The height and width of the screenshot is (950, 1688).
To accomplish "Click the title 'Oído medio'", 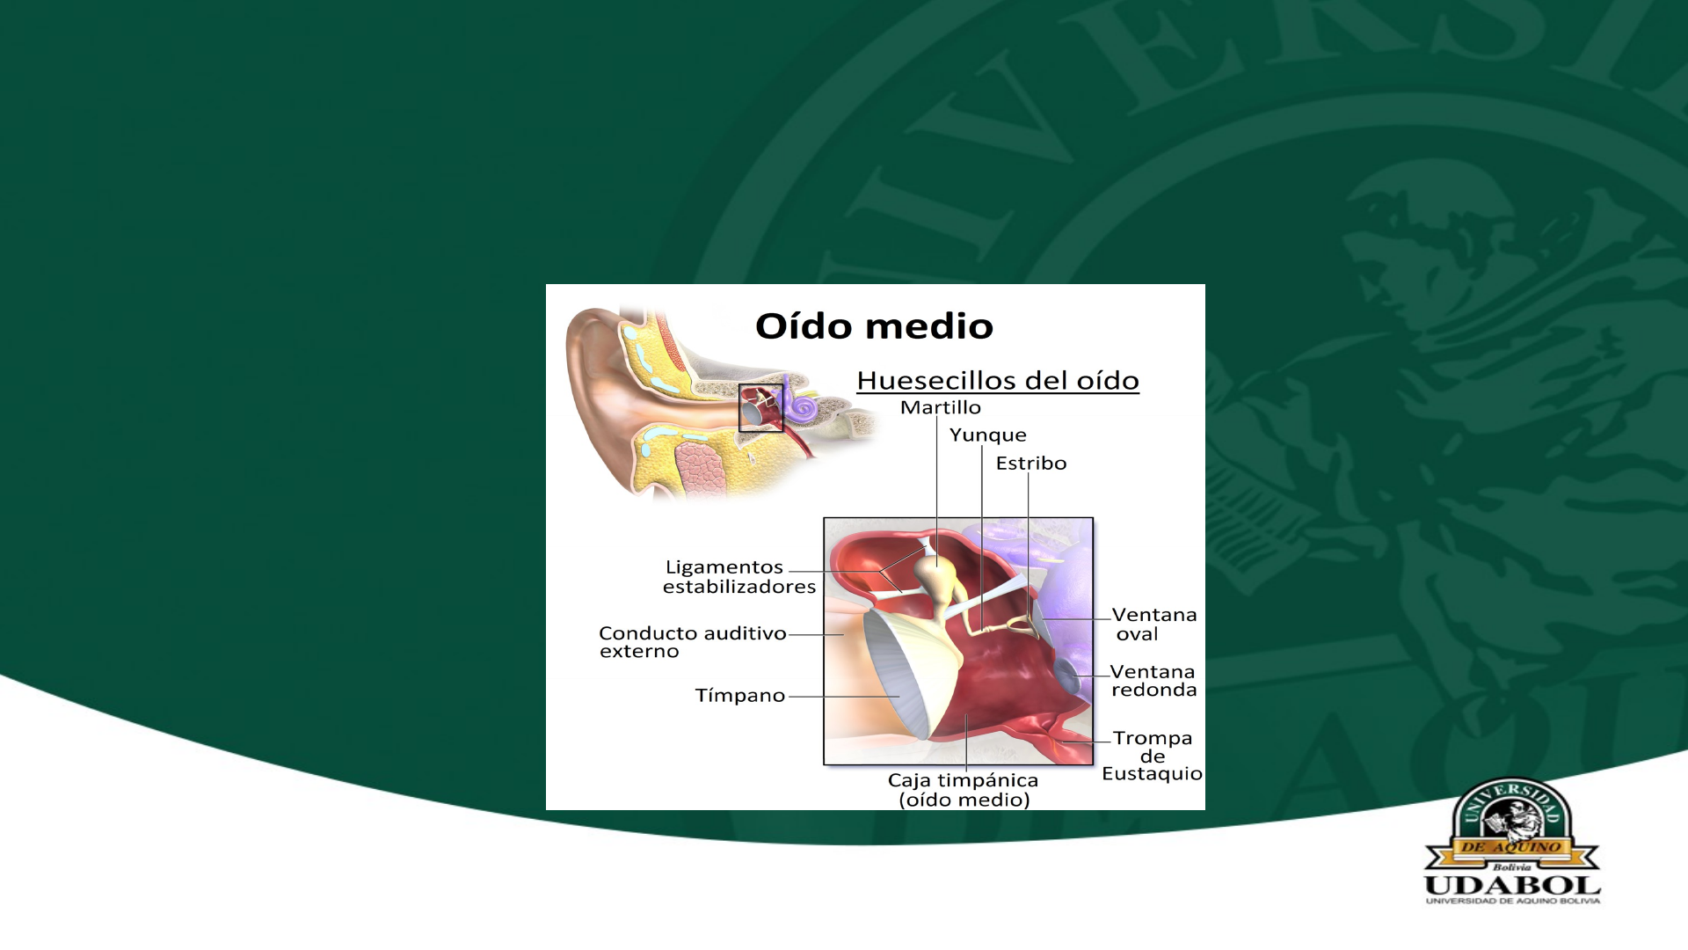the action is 874,326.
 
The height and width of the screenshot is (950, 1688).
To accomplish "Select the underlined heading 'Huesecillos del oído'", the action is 998,381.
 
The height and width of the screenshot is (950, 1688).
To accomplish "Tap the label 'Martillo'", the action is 941,407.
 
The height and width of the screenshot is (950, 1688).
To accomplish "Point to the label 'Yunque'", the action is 988,435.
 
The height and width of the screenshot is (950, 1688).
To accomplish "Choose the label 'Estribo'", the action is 1031,463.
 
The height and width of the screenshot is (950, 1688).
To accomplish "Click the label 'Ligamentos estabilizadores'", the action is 739,577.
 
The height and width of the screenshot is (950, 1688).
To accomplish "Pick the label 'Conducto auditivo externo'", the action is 693,642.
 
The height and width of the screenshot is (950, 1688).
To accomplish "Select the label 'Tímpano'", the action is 740,695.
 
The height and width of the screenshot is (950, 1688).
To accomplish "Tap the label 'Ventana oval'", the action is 1153,624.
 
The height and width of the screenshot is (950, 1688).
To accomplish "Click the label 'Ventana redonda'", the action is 1153,681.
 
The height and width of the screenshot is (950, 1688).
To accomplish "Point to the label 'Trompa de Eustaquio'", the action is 1152,756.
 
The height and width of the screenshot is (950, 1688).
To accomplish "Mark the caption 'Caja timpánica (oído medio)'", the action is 964,790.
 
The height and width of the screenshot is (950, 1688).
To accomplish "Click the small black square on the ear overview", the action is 760,384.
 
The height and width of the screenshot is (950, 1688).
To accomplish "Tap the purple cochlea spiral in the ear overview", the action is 801,407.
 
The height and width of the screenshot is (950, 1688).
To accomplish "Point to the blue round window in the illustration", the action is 1066,675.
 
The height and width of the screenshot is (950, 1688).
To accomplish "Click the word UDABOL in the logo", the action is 1512,885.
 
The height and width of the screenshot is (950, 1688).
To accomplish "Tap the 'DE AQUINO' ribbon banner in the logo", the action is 1511,847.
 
